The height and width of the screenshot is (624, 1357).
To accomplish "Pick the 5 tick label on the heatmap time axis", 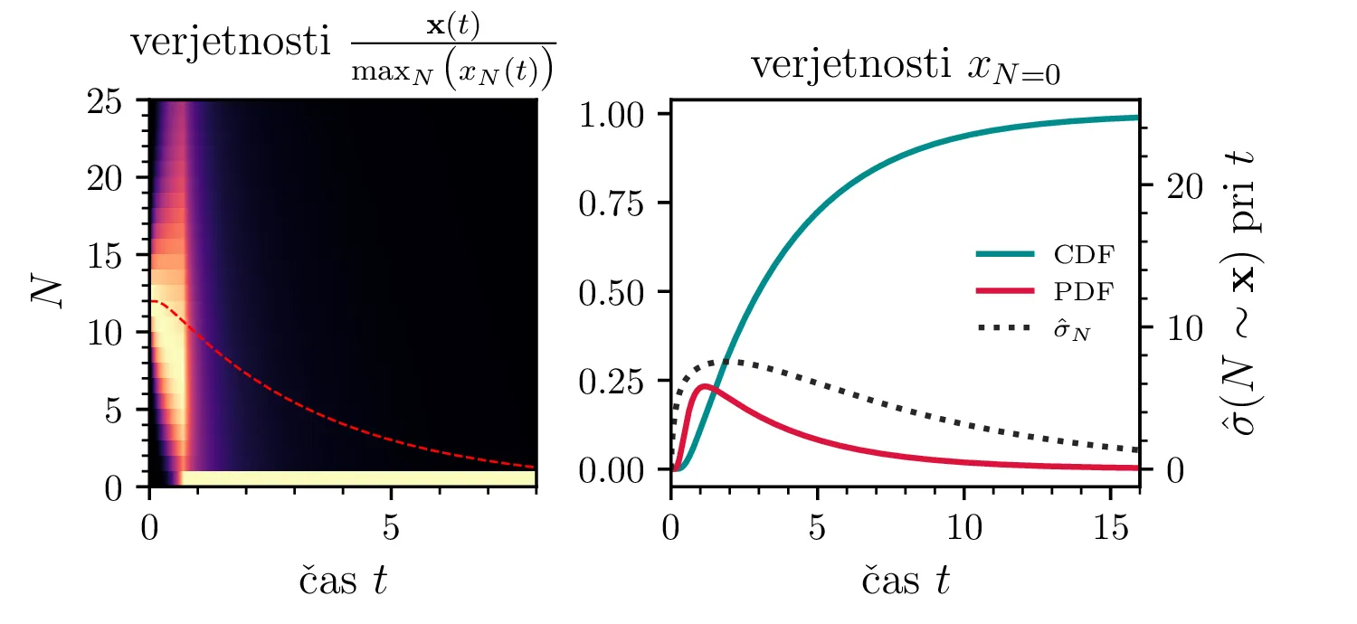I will click(390, 528).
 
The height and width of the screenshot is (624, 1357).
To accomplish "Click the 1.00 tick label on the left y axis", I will click(614, 115).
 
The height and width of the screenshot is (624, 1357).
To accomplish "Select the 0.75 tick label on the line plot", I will click(614, 203).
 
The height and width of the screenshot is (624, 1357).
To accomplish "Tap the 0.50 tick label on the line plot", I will click(614, 292).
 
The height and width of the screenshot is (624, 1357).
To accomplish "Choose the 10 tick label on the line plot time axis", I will click(964, 528).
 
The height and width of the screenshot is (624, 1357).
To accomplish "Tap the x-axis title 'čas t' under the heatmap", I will click(343, 580).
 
